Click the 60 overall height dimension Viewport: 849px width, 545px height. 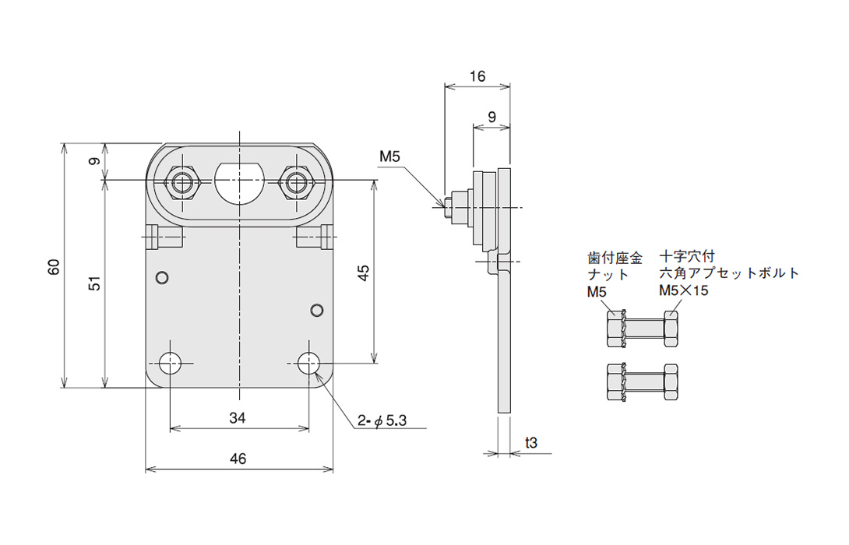click(x=55, y=267)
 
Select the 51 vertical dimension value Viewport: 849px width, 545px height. click(x=95, y=283)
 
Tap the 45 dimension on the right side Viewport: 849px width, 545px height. click(x=364, y=272)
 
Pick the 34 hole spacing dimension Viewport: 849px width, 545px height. click(x=237, y=418)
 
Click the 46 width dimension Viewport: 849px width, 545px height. click(x=238, y=459)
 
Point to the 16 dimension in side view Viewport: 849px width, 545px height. click(x=477, y=76)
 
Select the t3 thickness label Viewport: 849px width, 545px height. click(x=531, y=443)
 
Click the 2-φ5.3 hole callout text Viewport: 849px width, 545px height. click(x=382, y=420)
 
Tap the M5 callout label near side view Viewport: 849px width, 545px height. click(x=389, y=156)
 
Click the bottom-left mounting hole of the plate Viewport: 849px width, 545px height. click(x=171, y=363)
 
